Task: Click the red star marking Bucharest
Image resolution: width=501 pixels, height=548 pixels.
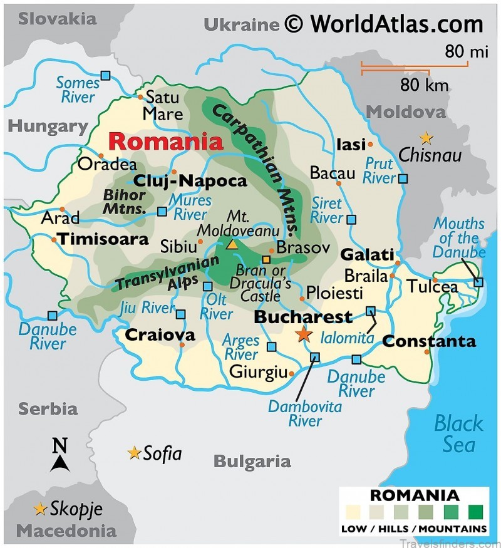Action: (x=304, y=334)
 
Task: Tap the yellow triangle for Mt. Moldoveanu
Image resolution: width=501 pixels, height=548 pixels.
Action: (x=232, y=244)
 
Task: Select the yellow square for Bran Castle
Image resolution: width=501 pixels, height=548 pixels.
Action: (x=266, y=259)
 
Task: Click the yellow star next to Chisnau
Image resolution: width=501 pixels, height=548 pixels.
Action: (x=426, y=137)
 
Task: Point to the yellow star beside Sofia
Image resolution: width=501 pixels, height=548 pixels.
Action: (x=133, y=452)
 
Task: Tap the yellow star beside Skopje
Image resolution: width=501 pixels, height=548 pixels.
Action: (x=41, y=509)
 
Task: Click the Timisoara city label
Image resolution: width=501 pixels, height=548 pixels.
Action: (x=103, y=239)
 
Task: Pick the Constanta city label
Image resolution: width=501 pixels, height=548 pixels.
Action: (x=429, y=342)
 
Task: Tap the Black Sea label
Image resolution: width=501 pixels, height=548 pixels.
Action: (x=458, y=433)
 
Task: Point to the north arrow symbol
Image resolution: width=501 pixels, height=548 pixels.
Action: (x=59, y=455)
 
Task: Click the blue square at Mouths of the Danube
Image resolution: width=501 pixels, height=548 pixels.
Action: (x=478, y=282)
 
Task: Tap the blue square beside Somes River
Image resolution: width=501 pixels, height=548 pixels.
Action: (x=106, y=76)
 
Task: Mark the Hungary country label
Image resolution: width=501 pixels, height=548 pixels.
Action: (x=47, y=126)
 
